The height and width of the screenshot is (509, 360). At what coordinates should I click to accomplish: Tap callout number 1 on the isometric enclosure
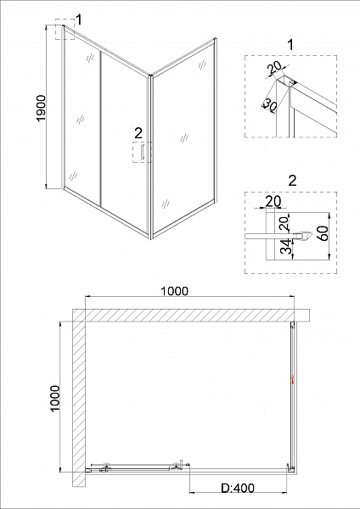pos(78,18)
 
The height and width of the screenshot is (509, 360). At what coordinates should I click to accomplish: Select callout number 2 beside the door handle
pos(138,132)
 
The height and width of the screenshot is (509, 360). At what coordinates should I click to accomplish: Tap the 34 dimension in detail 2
pos(287,248)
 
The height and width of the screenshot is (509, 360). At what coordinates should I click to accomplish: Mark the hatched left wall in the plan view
pos(79,399)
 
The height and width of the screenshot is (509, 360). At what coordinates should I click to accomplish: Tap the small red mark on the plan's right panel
pos(294,381)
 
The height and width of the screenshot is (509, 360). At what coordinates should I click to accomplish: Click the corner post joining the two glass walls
pos(149,153)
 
